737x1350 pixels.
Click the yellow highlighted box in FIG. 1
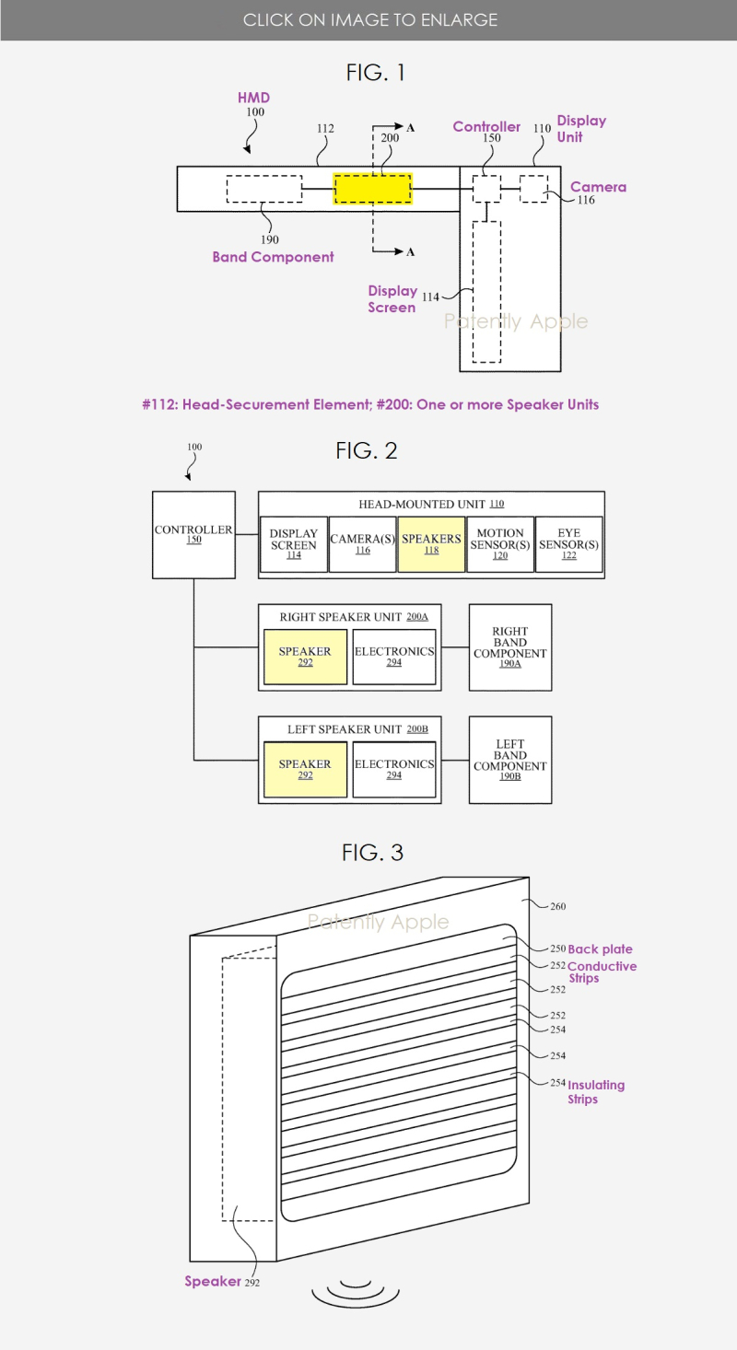pyautogui.click(x=373, y=189)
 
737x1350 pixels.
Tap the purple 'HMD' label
pyautogui.click(x=253, y=98)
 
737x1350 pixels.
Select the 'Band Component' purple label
pyautogui.click(x=273, y=257)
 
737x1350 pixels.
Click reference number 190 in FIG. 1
pyautogui.click(x=270, y=239)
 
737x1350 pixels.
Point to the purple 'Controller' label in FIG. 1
pyautogui.click(x=486, y=126)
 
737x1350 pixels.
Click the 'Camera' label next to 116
pyautogui.click(x=598, y=187)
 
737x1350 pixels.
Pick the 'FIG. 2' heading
pyautogui.click(x=367, y=451)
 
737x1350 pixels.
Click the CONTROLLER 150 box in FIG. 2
pyautogui.click(x=193, y=535)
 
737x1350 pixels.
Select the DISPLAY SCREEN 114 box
pyautogui.click(x=294, y=544)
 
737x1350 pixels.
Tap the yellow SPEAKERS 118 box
pyautogui.click(x=431, y=544)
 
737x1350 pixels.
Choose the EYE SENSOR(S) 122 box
pyautogui.click(x=568, y=544)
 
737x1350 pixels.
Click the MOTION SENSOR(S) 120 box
pyautogui.click(x=500, y=544)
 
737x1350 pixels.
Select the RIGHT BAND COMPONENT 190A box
pyautogui.click(x=510, y=647)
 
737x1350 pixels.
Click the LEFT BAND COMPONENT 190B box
pyautogui.click(x=510, y=760)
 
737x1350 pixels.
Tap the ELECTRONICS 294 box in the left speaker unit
pyautogui.click(x=393, y=770)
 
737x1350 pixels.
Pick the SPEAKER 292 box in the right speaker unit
pyautogui.click(x=305, y=657)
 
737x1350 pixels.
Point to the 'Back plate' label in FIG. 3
pyautogui.click(x=600, y=948)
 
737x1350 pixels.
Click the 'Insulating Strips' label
pyautogui.click(x=596, y=1091)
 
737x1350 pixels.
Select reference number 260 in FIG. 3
pyautogui.click(x=558, y=906)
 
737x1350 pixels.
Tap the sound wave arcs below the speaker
pyautogui.click(x=356, y=1294)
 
